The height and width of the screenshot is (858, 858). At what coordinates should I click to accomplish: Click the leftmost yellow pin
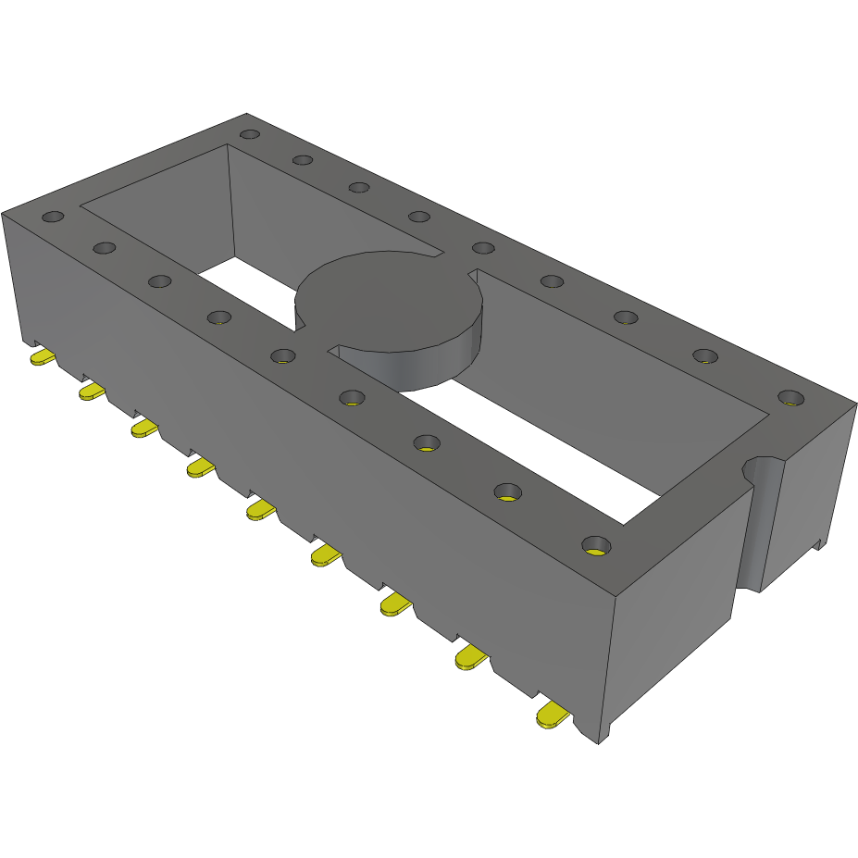click(43, 357)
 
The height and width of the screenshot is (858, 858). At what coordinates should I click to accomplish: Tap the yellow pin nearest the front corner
click(552, 715)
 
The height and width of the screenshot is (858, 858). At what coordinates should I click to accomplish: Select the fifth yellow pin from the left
click(260, 509)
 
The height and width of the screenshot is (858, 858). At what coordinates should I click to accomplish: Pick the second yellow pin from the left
click(92, 392)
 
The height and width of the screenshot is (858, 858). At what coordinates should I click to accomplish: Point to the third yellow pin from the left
click(143, 428)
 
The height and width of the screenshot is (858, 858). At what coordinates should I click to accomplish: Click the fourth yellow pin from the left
click(199, 468)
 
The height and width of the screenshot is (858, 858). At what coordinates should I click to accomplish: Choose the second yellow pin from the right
click(470, 658)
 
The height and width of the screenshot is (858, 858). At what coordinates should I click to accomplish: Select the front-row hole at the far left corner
click(53, 218)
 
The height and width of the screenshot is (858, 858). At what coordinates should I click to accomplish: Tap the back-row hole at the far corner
click(249, 134)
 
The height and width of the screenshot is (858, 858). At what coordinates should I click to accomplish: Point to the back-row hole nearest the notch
click(790, 398)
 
